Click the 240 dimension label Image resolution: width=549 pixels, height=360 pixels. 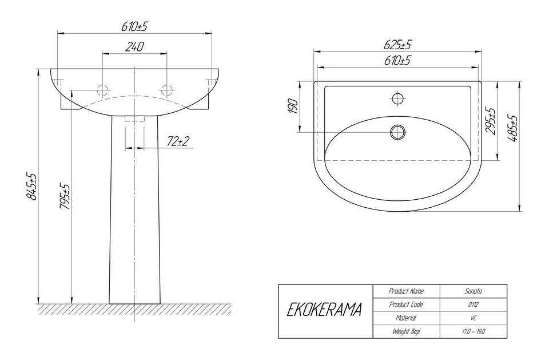(135, 46)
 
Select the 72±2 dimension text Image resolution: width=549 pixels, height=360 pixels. (178, 141)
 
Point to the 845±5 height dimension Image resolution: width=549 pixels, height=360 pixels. (32, 186)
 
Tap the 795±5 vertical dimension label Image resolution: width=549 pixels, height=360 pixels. (65, 197)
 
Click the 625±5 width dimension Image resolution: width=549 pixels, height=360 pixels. (398, 45)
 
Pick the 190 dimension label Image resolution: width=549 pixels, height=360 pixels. (293, 106)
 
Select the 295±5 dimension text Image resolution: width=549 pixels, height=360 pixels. (490, 121)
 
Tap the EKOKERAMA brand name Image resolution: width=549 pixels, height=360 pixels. (324, 310)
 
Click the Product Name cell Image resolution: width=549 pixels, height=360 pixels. (406, 291)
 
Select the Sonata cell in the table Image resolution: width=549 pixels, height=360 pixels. (474, 291)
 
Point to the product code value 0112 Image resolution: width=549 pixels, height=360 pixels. (474, 304)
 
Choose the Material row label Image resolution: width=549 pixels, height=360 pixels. (406, 318)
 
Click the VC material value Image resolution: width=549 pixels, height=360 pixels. (474, 318)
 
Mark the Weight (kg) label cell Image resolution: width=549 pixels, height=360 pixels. (406, 331)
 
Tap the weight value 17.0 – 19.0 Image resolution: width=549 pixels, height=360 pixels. (474, 331)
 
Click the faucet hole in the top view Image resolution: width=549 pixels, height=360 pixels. (397, 98)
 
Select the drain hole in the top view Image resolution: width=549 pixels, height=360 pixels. (398, 132)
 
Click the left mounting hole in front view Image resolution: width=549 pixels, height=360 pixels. (102, 90)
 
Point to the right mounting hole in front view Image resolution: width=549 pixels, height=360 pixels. (166, 90)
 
